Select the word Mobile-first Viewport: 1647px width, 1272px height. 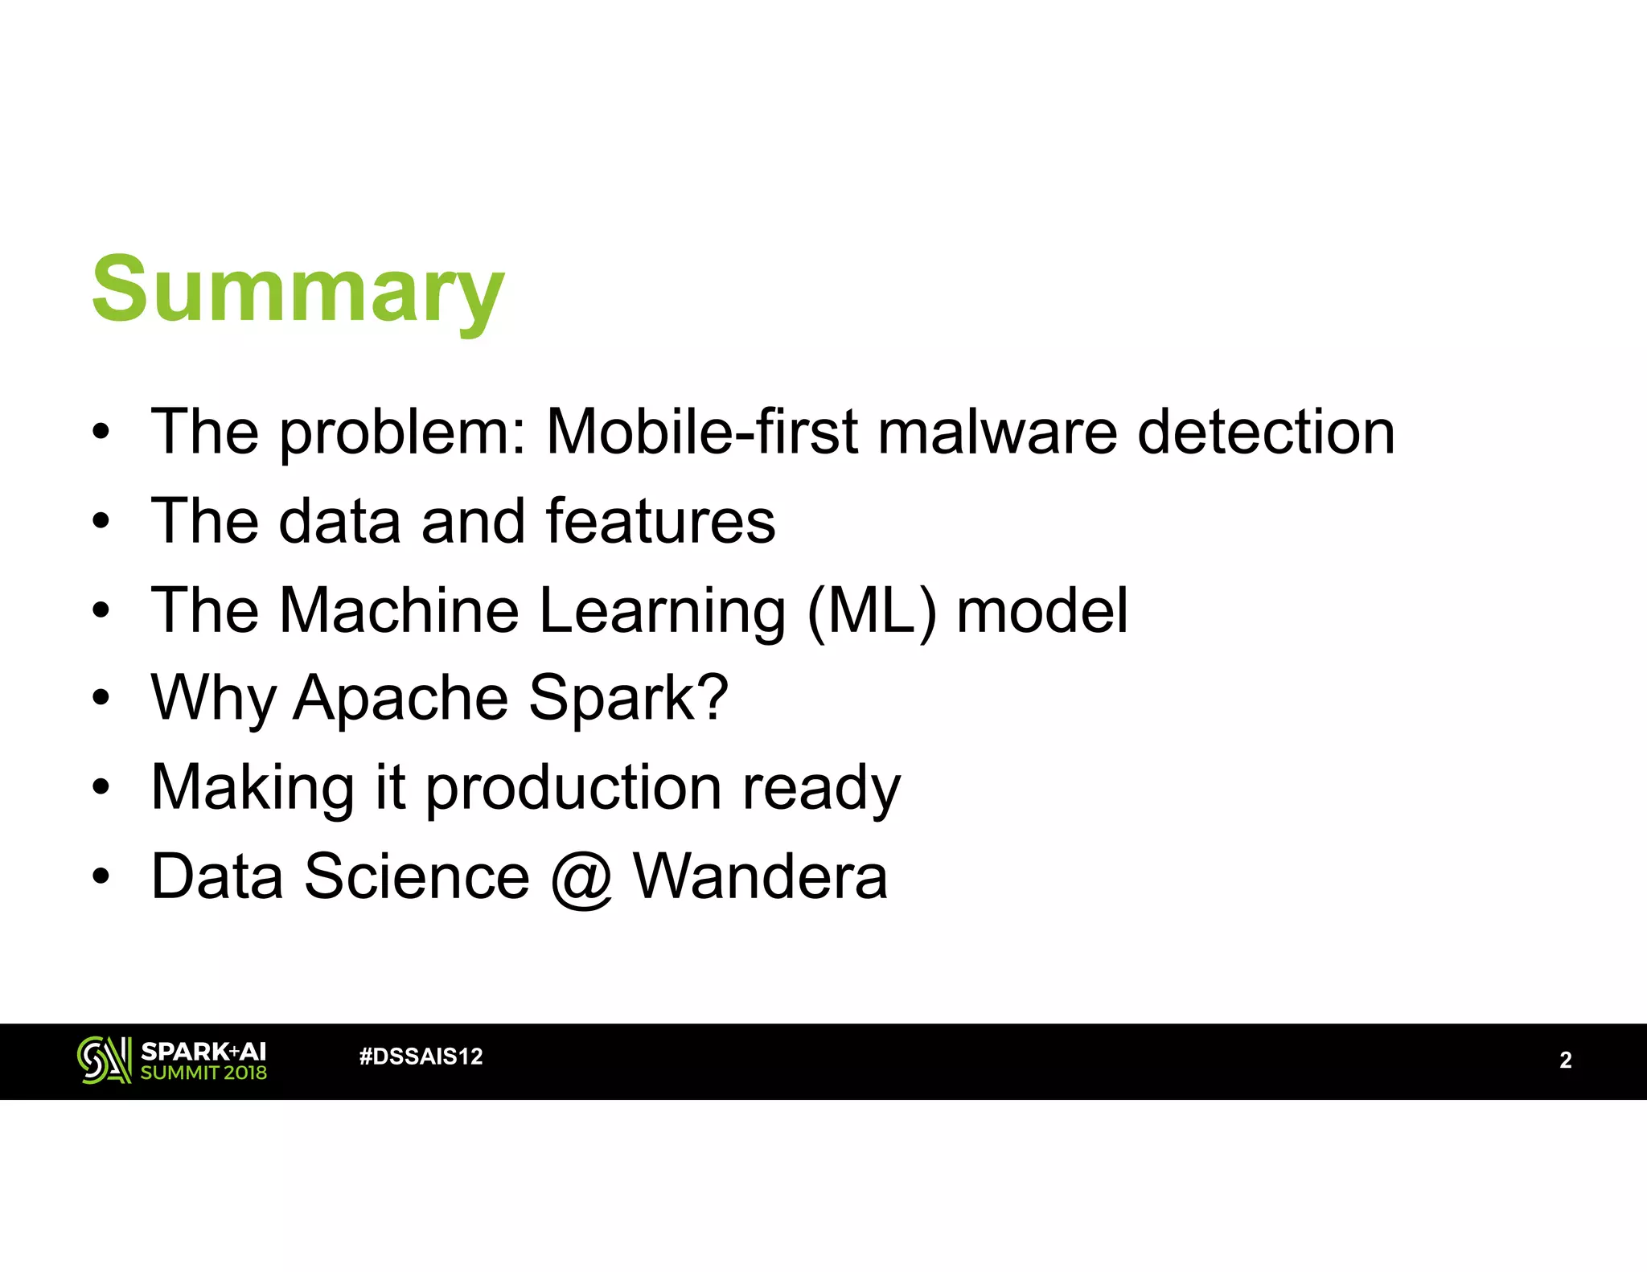702,433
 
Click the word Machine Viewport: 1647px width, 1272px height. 399,610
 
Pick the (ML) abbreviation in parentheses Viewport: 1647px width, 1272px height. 872,612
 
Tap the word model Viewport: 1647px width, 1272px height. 1042,610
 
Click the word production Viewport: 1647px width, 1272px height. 573,789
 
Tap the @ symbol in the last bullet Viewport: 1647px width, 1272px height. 581,878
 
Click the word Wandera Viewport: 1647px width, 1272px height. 760,876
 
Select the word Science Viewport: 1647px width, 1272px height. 417,876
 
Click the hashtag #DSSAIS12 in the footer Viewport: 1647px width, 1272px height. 421,1057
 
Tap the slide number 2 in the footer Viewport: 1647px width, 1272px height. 1565,1060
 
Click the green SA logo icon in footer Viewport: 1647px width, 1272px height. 104,1060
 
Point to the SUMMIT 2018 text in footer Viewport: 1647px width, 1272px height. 203,1073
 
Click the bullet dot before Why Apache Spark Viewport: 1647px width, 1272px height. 100,698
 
